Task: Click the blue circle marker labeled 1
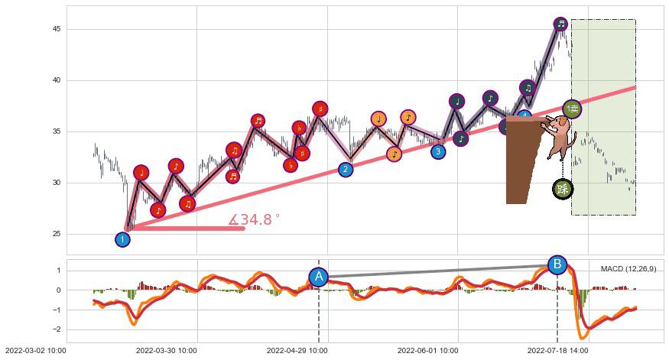click(x=122, y=239)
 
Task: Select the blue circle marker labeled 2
click(x=346, y=169)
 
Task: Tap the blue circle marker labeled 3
click(x=437, y=151)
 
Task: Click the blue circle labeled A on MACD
click(x=319, y=277)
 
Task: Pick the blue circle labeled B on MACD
click(x=557, y=265)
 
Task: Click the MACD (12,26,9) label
click(x=628, y=269)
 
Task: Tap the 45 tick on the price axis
click(x=57, y=29)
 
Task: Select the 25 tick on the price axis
click(x=57, y=234)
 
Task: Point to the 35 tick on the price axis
click(x=57, y=131)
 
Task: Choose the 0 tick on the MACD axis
click(x=60, y=290)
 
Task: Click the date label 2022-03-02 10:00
click(x=34, y=351)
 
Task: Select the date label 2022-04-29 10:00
click(x=297, y=351)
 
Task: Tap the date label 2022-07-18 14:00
click(x=557, y=351)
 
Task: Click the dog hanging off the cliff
click(x=557, y=135)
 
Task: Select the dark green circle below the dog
click(x=563, y=189)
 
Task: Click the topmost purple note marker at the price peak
click(x=560, y=24)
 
